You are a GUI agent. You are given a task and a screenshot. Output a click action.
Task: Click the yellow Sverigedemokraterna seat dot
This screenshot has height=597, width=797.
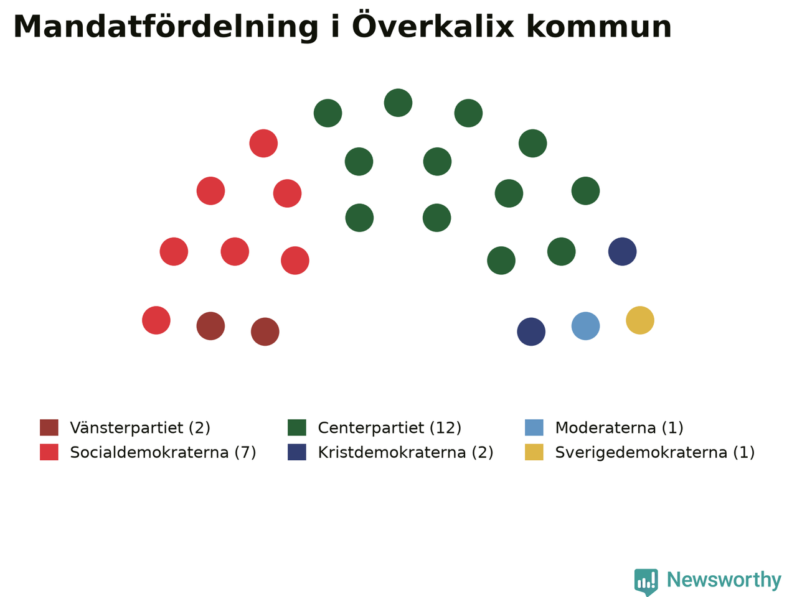[639, 320]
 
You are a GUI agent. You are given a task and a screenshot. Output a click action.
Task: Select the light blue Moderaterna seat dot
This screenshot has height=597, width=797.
[585, 326]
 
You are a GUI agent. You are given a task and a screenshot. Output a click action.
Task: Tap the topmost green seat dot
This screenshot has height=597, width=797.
[398, 103]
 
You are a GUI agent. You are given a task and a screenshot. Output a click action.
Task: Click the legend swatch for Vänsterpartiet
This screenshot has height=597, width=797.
[49, 427]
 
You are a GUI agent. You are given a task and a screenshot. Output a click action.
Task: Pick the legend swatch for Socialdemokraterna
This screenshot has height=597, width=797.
[49, 452]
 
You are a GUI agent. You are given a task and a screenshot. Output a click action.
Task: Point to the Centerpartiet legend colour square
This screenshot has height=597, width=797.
[296, 427]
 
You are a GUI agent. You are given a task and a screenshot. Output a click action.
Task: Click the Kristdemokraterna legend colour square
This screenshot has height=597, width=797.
[296, 452]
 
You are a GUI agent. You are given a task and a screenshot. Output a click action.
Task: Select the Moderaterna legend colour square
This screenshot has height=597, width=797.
[534, 427]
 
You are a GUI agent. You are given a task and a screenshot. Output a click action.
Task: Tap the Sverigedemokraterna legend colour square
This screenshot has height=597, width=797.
[534, 452]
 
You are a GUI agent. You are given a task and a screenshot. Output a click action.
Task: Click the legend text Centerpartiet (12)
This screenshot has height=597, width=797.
[390, 428]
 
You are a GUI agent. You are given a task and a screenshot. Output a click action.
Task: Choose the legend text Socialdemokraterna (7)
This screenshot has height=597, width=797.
[163, 452]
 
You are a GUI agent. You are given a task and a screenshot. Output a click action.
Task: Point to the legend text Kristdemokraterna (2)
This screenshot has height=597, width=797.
[405, 452]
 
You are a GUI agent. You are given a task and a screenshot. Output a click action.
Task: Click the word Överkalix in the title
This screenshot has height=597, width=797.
[433, 25]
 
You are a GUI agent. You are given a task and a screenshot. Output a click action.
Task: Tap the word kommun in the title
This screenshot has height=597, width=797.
[599, 27]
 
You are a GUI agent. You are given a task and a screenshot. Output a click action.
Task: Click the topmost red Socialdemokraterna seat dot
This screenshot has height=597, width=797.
[263, 143]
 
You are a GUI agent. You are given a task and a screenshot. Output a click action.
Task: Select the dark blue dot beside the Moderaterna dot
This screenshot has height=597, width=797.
[531, 331]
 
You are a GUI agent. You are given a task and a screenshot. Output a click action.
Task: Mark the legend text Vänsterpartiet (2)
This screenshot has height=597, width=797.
[140, 428]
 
